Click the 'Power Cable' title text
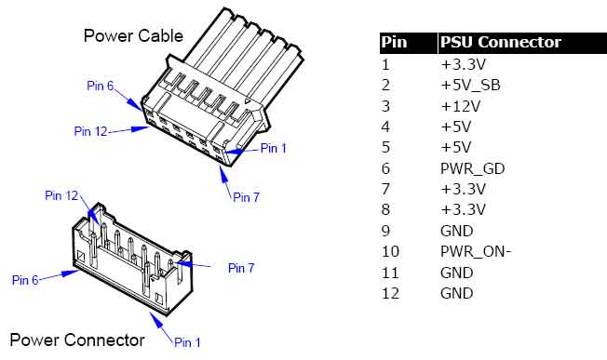pyautogui.click(x=133, y=36)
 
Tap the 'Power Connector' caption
pyautogui.click(x=77, y=340)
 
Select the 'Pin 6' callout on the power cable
pyautogui.click(x=100, y=86)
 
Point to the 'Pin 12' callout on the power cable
pyautogui.click(x=90, y=131)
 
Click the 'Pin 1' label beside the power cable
pyautogui.click(x=274, y=148)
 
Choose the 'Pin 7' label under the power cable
pyautogui.click(x=246, y=197)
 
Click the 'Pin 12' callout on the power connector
pyautogui.click(x=61, y=195)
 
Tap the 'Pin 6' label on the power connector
pyautogui.click(x=25, y=280)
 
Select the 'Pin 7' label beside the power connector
pyautogui.click(x=241, y=268)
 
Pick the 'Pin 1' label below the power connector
pyautogui.click(x=187, y=342)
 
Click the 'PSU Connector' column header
pyautogui.click(x=501, y=42)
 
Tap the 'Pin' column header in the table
pyautogui.click(x=394, y=42)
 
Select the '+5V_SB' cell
pyautogui.click(x=470, y=85)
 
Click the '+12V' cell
pyautogui.click(x=460, y=106)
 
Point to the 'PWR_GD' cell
pyautogui.click(x=473, y=168)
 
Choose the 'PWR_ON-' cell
pyautogui.click(x=476, y=252)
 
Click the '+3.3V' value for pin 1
pyautogui.click(x=463, y=64)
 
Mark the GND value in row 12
pyautogui.click(x=457, y=293)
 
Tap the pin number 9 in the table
pyautogui.click(x=385, y=231)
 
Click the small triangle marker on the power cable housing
pyautogui.click(x=247, y=101)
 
